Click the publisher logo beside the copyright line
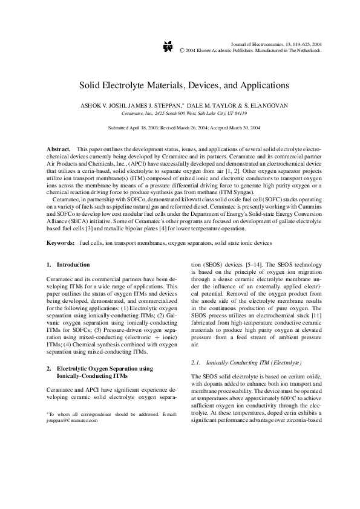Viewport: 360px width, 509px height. [168, 47]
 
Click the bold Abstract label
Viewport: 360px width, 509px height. [59, 149]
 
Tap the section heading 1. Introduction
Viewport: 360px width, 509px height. [68, 265]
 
